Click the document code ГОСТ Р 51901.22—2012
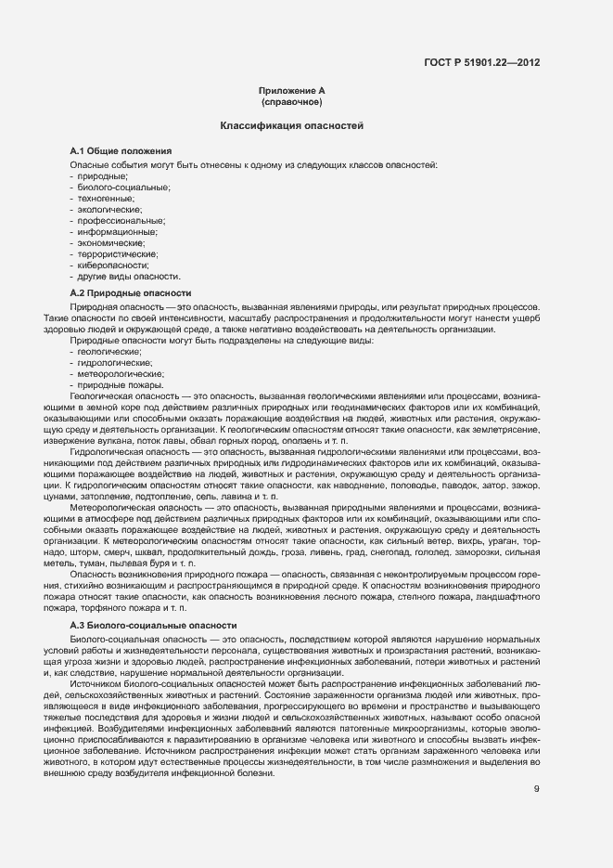(x=483, y=62)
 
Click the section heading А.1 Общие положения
(x=121, y=150)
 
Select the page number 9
(x=537, y=764)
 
